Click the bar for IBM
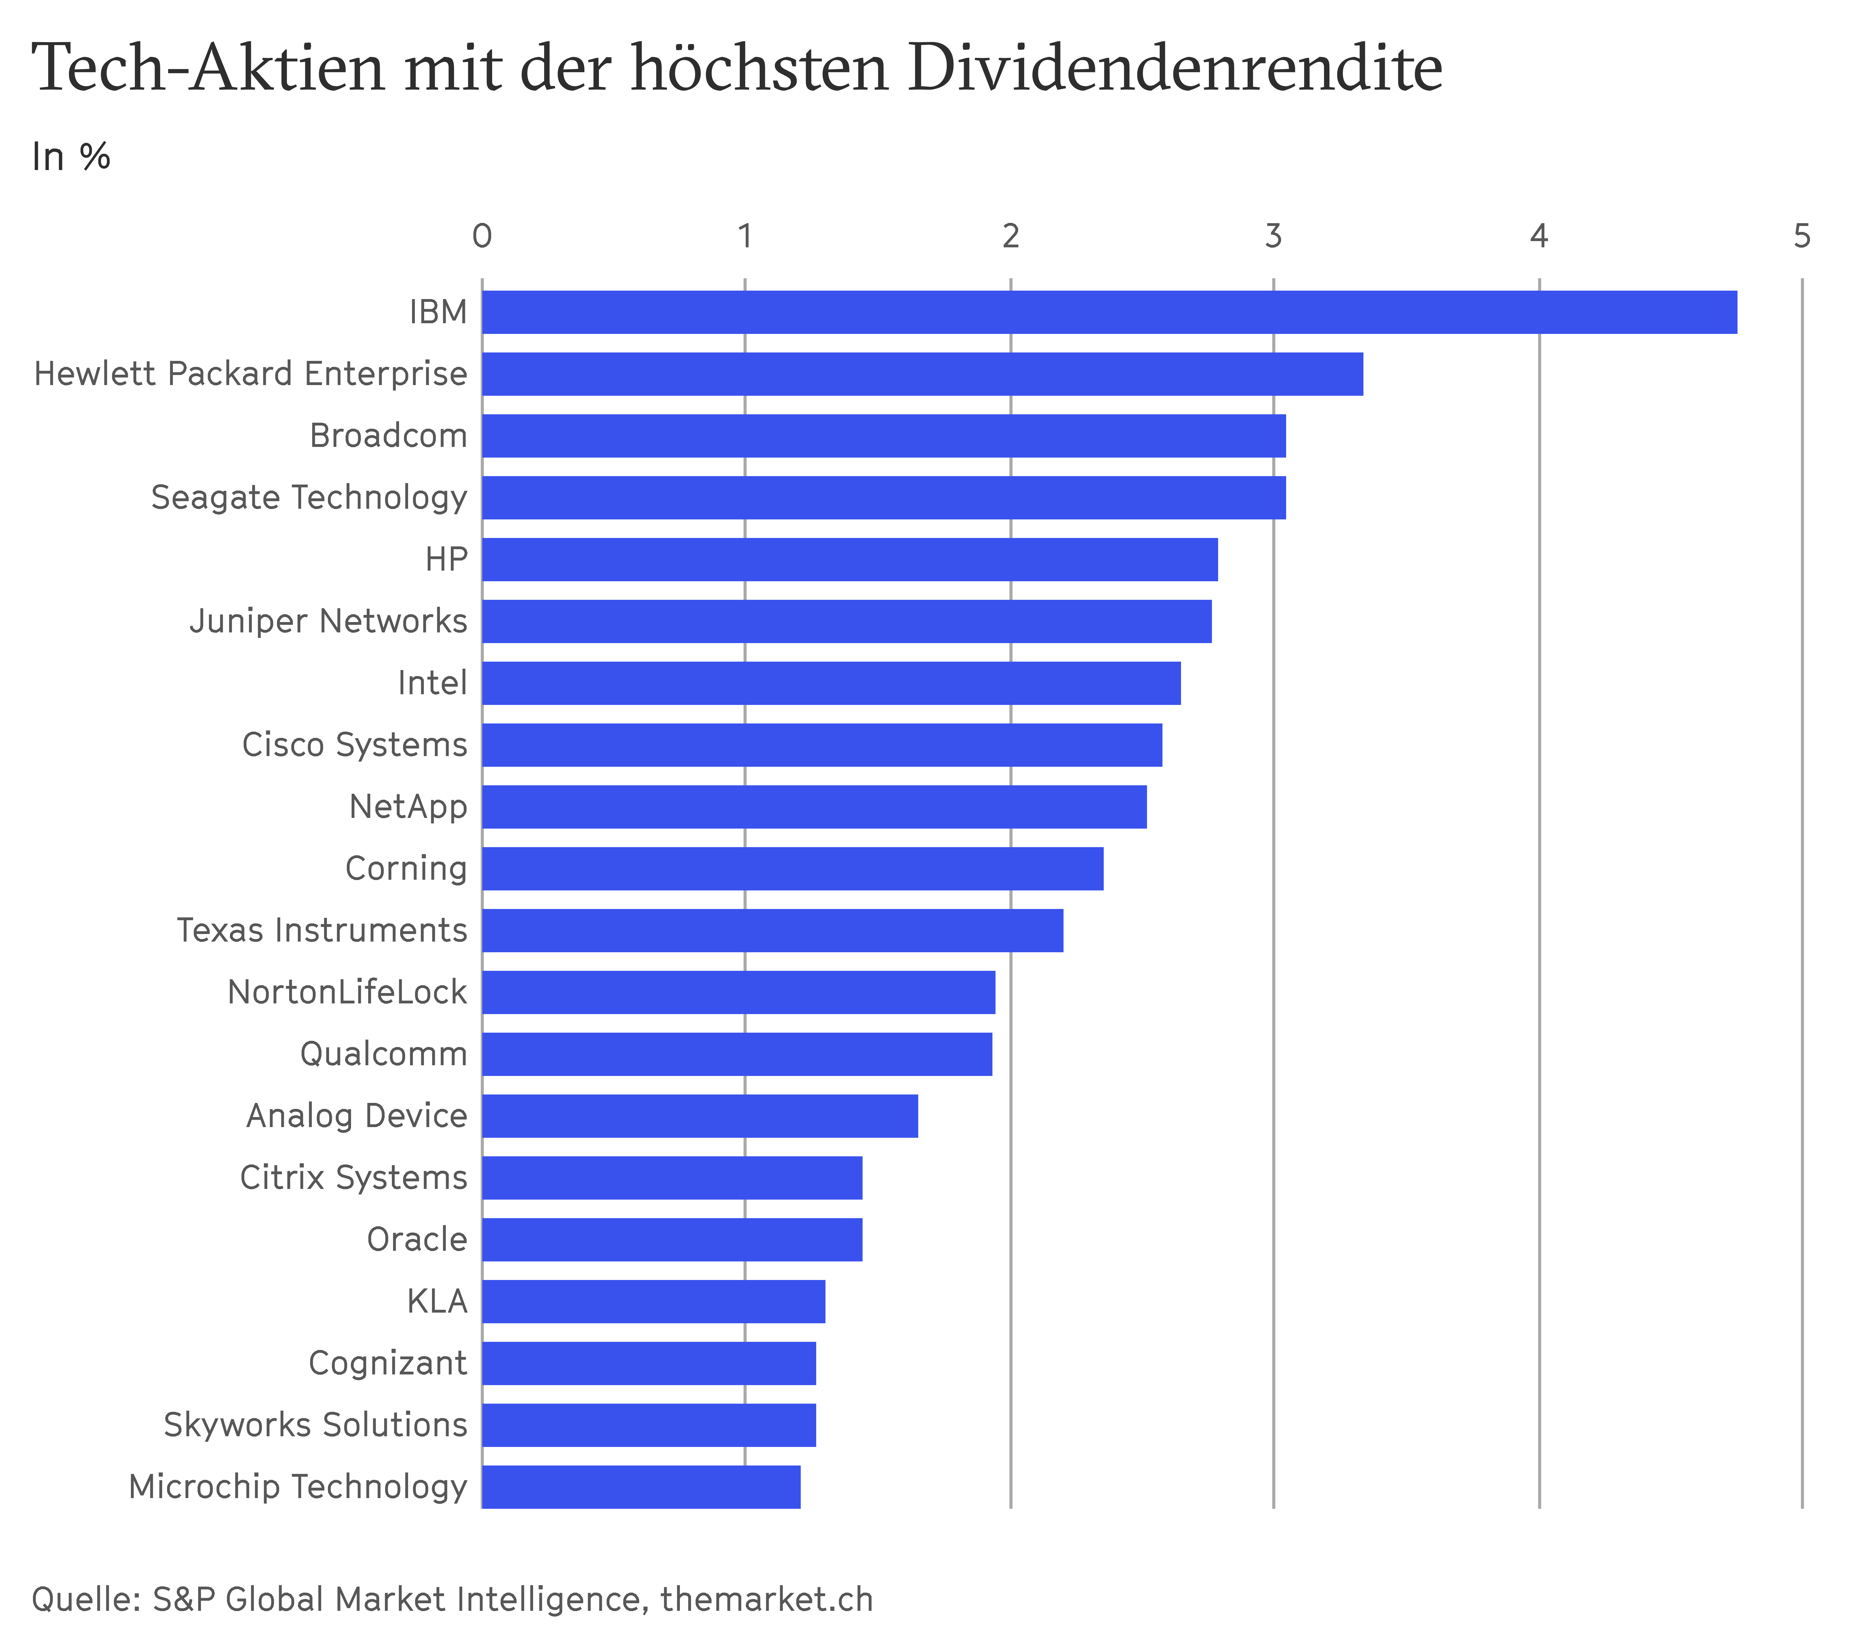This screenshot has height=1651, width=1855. (1109, 312)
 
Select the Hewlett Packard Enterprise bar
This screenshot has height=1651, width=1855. (922, 374)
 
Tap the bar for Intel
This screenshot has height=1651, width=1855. (831, 682)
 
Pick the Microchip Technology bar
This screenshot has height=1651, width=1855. (641, 1487)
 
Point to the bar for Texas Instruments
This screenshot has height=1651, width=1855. (772, 930)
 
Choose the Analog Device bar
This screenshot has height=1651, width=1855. (700, 1116)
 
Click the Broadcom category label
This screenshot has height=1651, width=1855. (388, 436)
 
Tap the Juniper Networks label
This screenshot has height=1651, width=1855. (329, 621)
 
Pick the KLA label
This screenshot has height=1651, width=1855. (437, 1302)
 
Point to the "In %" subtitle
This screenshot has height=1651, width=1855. (71, 157)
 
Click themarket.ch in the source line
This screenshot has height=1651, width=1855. (767, 1599)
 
